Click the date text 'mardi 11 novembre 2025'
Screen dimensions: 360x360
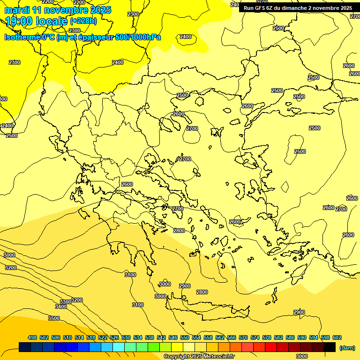coord(58,10)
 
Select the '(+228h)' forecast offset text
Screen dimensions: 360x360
coord(83,21)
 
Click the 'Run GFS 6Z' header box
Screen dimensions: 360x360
coord(298,8)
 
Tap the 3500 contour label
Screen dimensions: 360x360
coord(54,318)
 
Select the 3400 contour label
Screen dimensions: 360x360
coord(61,307)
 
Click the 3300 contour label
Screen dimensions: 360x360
coord(65,302)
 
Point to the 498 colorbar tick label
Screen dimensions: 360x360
coord(32,337)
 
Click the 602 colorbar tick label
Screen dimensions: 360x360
coord(337,337)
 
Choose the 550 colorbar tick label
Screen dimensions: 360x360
coord(185,337)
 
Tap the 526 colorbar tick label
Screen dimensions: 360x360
coord(114,337)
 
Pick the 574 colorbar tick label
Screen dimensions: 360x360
coord(255,337)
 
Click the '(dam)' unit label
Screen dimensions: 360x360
coord(347,347)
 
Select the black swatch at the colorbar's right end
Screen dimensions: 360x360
coord(330,347)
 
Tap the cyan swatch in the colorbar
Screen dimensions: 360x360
coord(119,347)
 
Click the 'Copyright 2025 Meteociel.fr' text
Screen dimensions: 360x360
coord(199,356)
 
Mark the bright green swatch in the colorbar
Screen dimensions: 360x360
coord(154,347)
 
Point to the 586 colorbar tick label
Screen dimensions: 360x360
coord(290,337)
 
